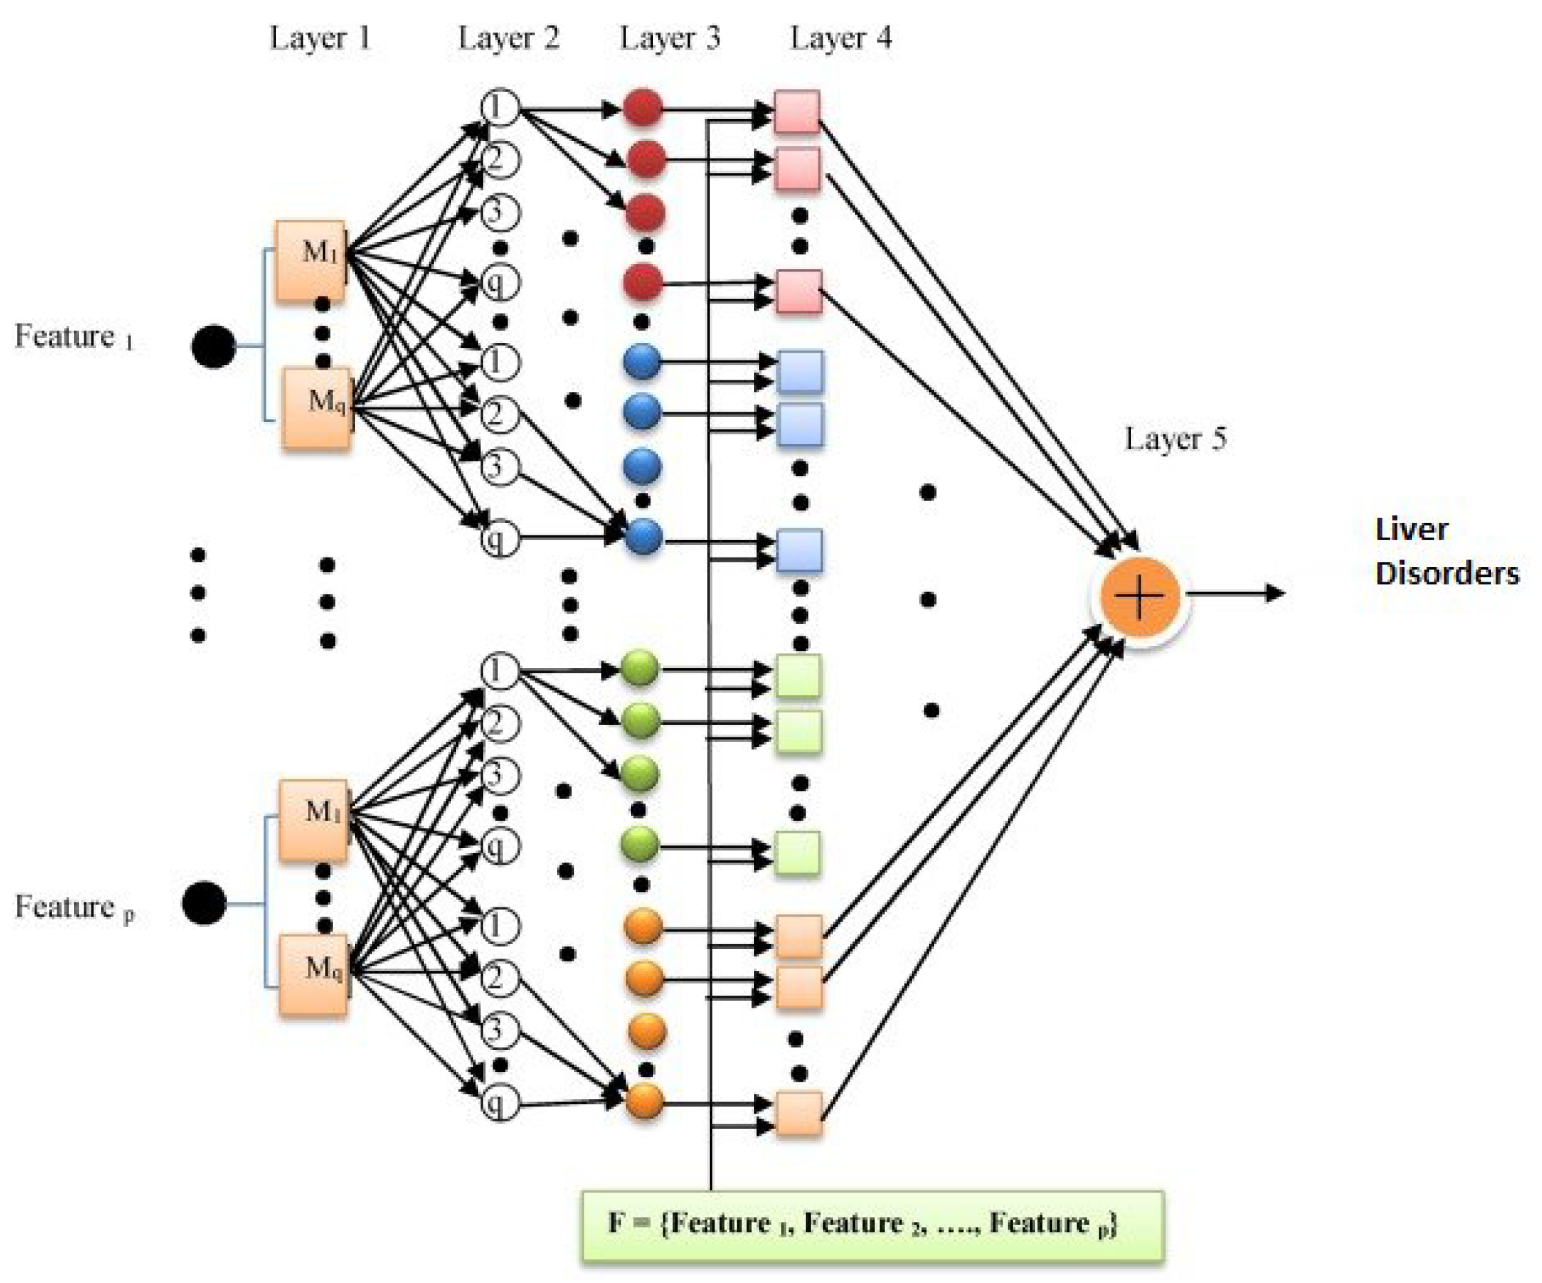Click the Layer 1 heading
coord(320,38)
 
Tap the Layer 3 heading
coord(670,38)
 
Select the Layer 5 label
coord(1175,439)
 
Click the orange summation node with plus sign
coord(1139,596)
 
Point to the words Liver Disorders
coord(1445,551)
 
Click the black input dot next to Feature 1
coord(214,346)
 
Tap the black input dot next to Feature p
coord(204,903)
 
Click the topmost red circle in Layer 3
coord(643,108)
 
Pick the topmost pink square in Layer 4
coord(798,111)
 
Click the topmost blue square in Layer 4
coord(800,371)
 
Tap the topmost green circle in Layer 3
coord(640,669)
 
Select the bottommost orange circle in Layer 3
coord(645,1101)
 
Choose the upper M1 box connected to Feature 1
coord(311,261)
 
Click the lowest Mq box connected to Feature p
coord(313,975)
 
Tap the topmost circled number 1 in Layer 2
coord(499,107)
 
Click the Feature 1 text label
coord(73,337)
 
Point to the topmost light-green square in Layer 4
coord(798,675)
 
